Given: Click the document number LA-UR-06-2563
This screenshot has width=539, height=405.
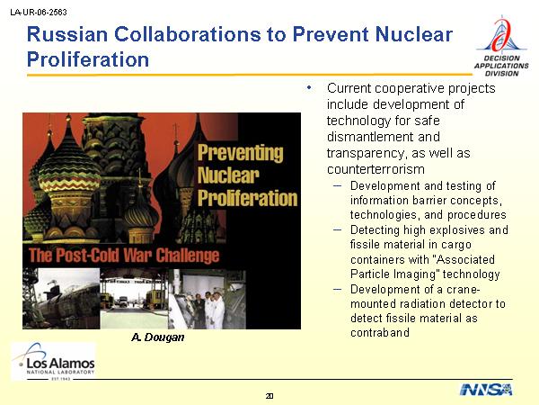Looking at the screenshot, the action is click(39, 13).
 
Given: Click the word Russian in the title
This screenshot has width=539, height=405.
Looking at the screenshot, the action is click(67, 34).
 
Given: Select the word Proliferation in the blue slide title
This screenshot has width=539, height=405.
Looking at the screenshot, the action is click(88, 59).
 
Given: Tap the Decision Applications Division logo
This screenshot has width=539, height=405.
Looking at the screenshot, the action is click(501, 47).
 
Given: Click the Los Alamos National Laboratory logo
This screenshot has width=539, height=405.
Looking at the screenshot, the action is click(54, 361).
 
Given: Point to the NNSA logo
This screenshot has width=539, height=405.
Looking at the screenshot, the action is click(486, 390).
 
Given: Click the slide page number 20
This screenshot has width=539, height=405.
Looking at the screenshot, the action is click(269, 396).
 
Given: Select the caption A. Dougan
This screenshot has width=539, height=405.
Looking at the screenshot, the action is click(158, 337).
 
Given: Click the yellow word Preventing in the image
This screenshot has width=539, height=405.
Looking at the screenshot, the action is click(241, 153).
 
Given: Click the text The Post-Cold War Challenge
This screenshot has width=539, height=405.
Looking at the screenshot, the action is click(124, 256).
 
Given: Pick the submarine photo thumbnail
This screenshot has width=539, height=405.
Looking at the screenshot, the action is click(61, 299).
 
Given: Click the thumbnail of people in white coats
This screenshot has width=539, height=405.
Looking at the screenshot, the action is click(208, 299).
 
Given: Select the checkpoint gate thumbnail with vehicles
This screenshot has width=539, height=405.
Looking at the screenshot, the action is click(135, 299).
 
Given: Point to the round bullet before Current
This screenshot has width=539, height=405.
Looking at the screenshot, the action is click(309, 88).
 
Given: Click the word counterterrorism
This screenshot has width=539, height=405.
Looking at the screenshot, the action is click(376, 169).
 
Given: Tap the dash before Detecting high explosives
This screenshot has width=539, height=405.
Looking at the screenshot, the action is click(338, 229).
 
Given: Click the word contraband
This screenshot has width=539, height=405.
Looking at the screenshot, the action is click(380, 332).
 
